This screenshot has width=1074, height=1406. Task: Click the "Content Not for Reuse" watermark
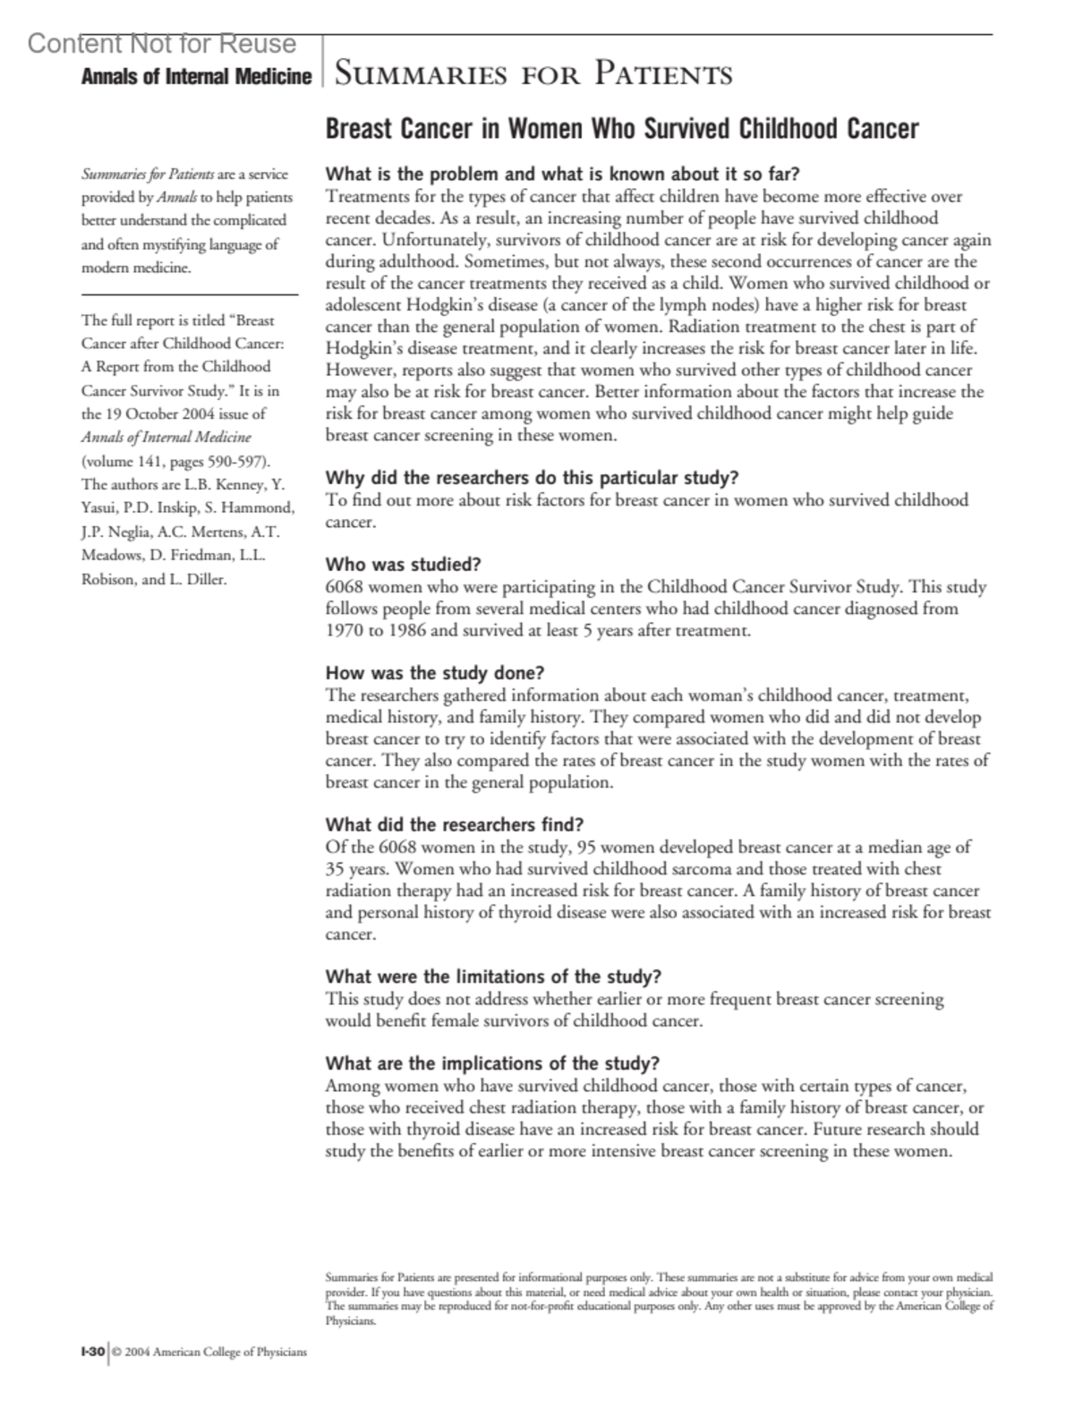(162, 44)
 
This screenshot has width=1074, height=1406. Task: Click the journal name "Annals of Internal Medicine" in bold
(195, 77)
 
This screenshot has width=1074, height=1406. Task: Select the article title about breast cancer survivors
(621, 129)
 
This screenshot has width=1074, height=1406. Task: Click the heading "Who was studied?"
(403, 565)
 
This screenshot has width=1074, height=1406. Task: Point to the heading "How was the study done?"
(434, 673)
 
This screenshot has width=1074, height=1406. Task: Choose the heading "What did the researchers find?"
(454, 824)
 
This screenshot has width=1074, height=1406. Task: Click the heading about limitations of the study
(493, 976)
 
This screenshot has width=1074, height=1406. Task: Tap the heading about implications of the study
(492, 1063)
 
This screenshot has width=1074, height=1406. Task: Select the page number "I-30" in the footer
(93, 1351)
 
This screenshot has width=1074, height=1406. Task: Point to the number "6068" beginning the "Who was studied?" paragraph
(345, 588)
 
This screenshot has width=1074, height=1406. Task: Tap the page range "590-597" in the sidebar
(235, 462)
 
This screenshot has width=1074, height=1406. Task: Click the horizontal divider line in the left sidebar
(189, 294)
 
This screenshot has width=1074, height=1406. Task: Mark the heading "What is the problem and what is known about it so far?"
(562, 174)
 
